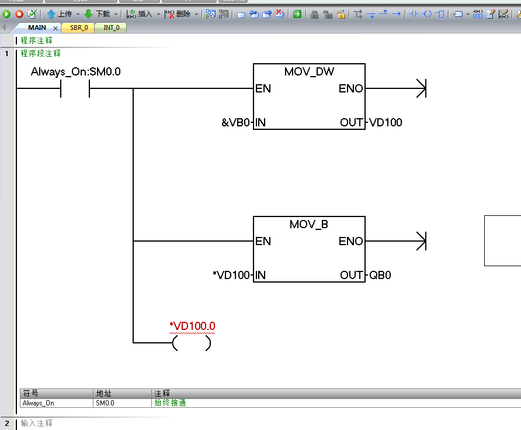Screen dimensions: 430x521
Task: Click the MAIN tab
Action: (37, 27)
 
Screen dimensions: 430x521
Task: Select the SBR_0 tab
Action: (78, 27)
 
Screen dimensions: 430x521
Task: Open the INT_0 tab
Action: (111, 27)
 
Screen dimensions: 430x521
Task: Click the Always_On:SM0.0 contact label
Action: (76, 72)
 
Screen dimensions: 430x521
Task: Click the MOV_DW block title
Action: (309, 71)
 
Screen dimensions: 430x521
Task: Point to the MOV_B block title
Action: (309, 225)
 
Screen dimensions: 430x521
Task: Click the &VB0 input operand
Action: (235, 122)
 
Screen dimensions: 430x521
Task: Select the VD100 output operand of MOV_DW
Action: (385, 122)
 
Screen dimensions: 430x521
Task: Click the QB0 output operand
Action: (380, 275)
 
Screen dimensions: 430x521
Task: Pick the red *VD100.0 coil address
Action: (192, 326)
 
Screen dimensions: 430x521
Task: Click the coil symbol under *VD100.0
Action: (192, 343)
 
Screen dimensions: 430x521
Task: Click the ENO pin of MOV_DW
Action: (350, 89)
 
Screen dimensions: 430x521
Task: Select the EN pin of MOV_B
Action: (263, 241)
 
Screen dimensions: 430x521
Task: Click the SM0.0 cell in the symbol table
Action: (105, 403)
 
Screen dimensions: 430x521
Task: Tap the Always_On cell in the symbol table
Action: (39, 403)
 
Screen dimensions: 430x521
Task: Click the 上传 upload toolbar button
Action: (60, 13)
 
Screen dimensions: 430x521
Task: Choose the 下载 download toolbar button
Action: (98, 13)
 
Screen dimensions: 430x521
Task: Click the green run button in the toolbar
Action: (6, 13)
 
